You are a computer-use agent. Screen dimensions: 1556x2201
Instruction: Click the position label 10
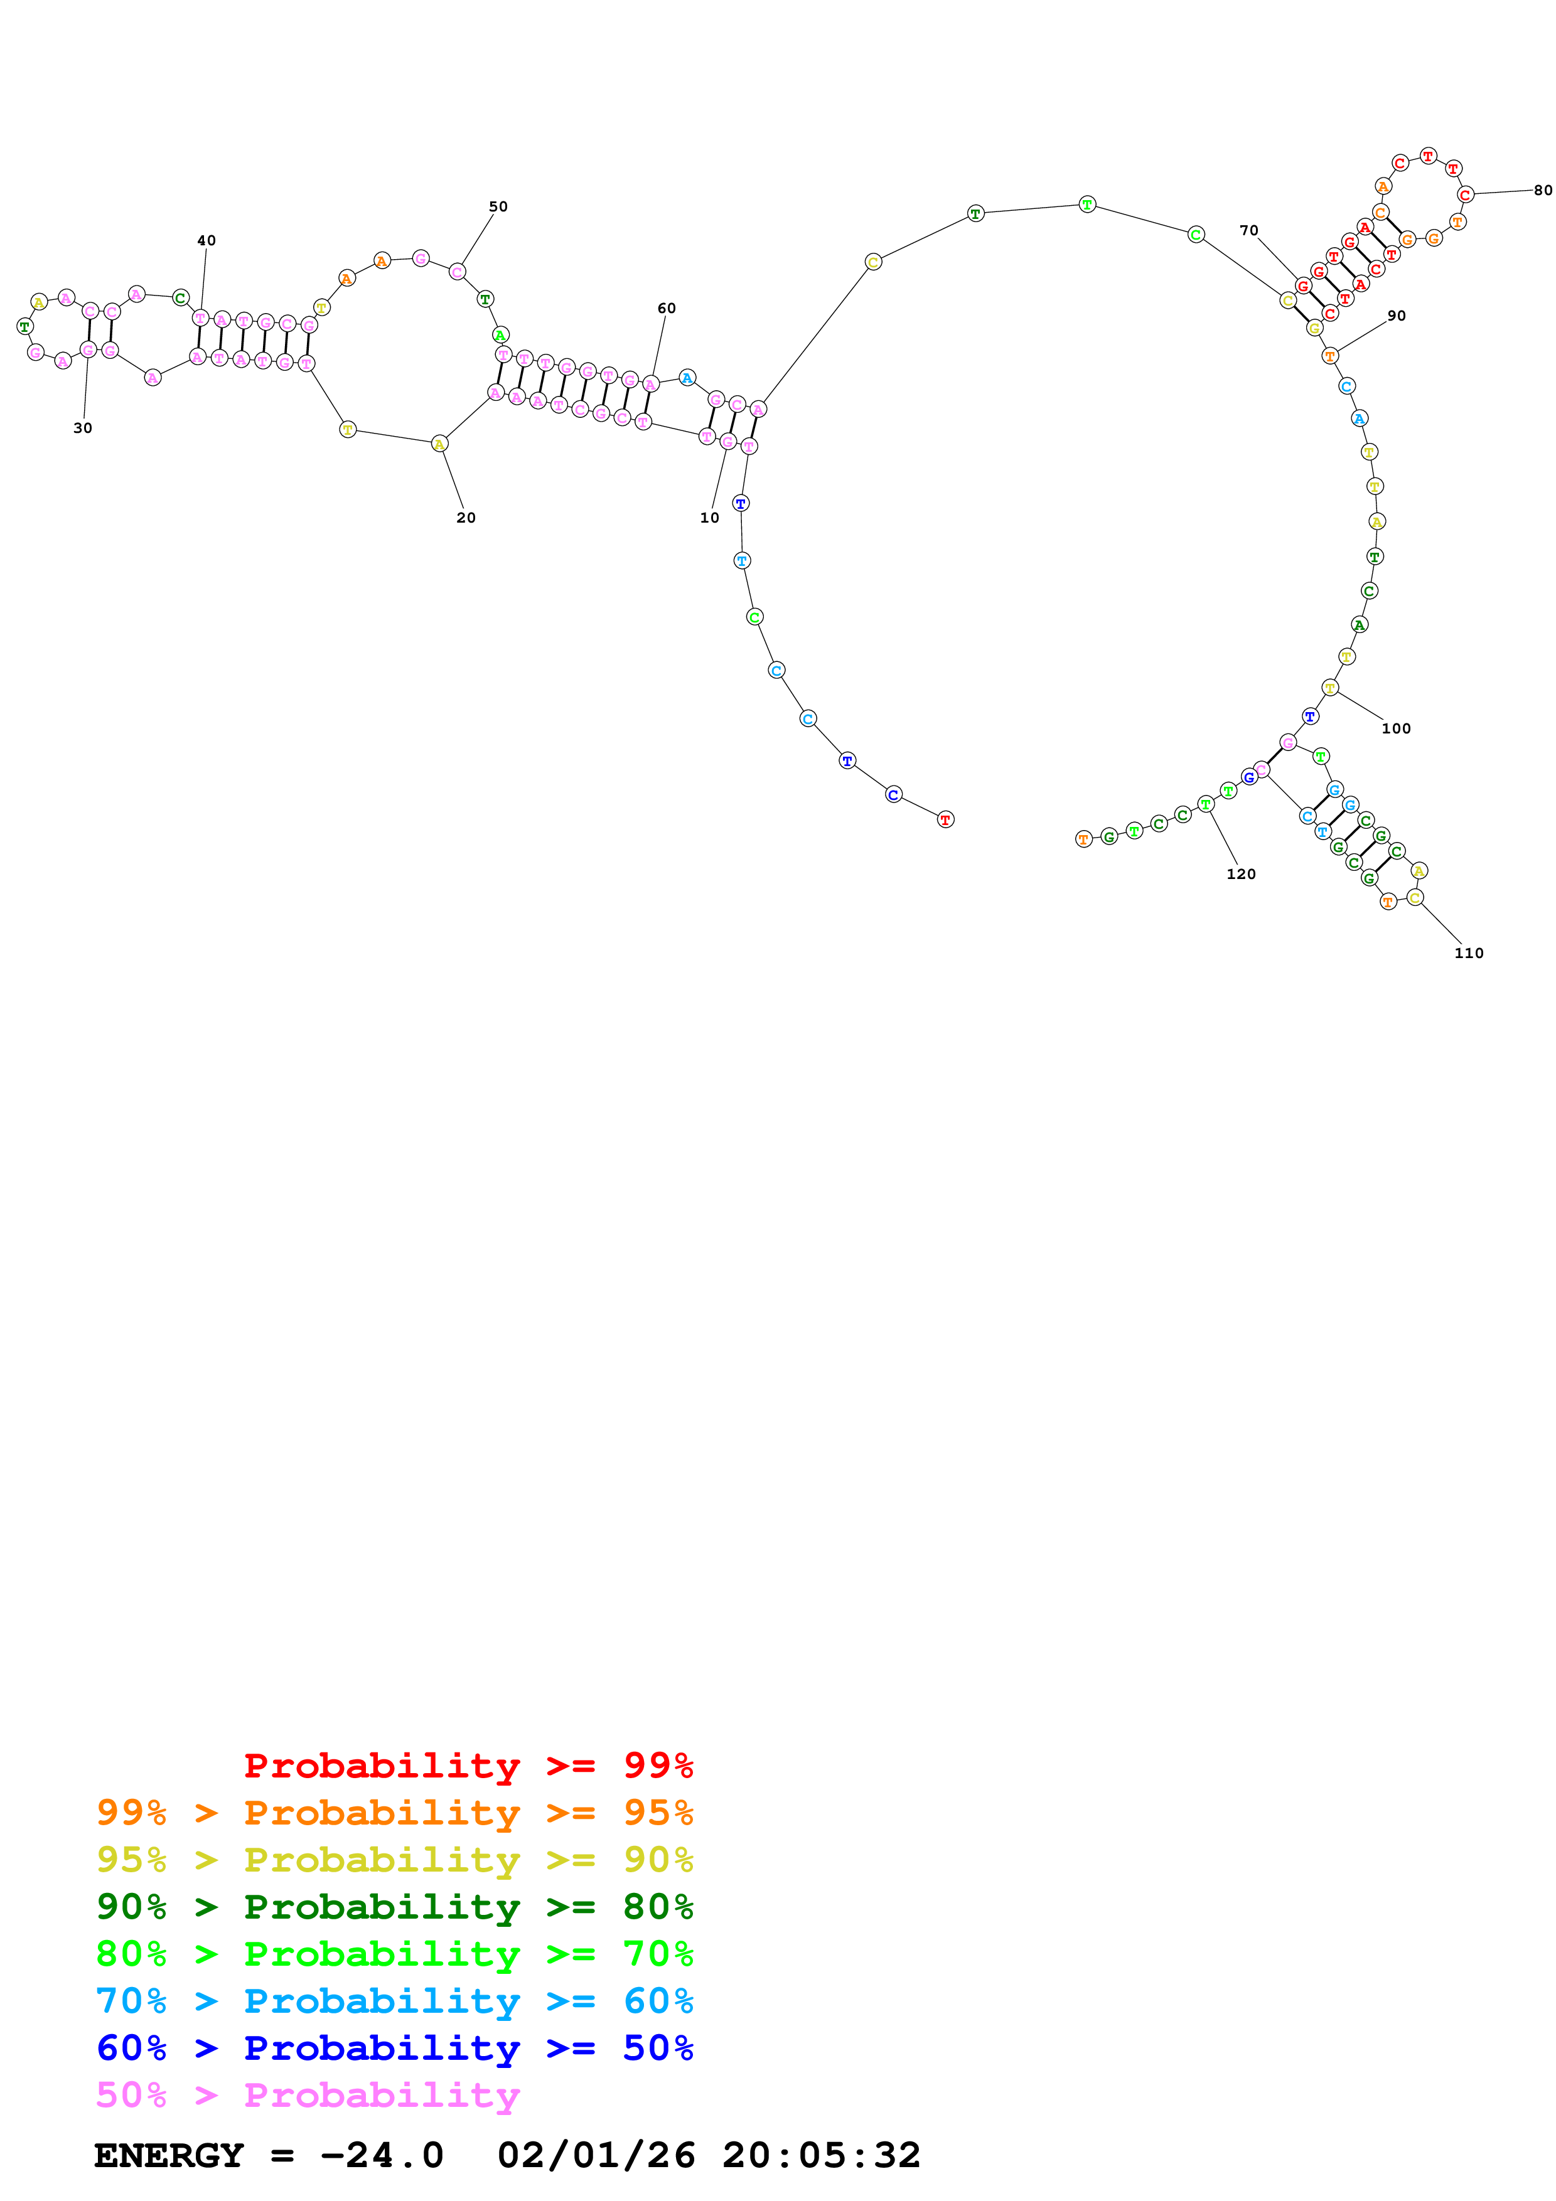(709, 518)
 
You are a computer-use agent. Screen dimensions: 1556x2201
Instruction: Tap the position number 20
(466, 518)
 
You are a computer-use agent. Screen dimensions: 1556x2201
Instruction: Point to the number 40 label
(206, 240)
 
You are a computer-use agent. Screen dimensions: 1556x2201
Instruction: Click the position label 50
(498, 207)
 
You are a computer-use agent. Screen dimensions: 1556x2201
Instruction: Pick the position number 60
(667, 309)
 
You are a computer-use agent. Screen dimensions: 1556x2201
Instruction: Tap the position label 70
(1248, 231)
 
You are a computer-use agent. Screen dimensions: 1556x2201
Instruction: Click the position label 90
(1397, 316)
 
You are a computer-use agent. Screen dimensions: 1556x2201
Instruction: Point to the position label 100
(1396, 728)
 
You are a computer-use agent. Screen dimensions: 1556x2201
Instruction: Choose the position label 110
(1469, 953)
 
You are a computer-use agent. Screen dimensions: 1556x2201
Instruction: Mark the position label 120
(1240, 874)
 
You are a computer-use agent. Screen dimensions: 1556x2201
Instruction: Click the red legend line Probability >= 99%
(469, 1766)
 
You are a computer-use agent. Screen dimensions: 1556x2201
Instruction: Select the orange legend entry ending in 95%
(395, 1813)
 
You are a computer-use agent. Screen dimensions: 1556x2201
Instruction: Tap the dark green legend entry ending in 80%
(395, 1907)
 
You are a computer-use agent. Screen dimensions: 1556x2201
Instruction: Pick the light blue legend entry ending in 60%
(395, 2001)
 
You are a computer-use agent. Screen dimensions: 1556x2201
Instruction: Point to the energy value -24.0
(382, 2156)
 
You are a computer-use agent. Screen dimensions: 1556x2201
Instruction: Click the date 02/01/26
(596, 2156)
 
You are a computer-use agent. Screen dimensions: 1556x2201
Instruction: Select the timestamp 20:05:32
(822, 2156)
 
